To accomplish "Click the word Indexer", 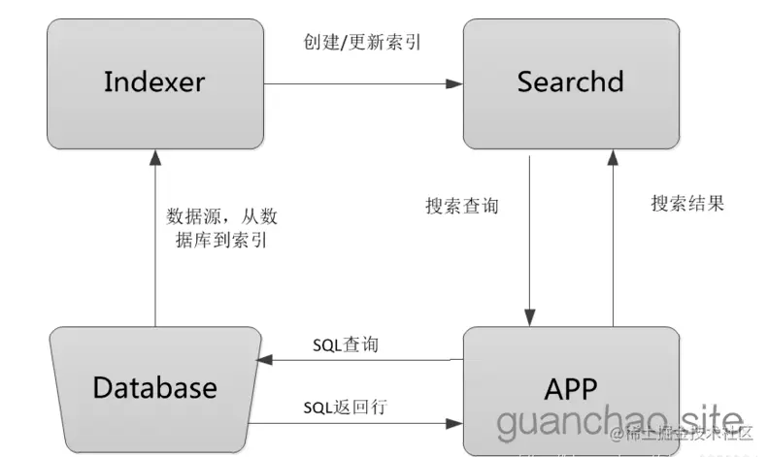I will point(155,82).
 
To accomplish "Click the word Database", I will point(155,388).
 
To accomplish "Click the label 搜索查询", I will point(462,207).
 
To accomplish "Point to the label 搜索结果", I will point(687,204).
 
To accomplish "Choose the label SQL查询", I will point(351,345).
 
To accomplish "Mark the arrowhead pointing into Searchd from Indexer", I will point(454,84).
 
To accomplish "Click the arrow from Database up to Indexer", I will point(155,243).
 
